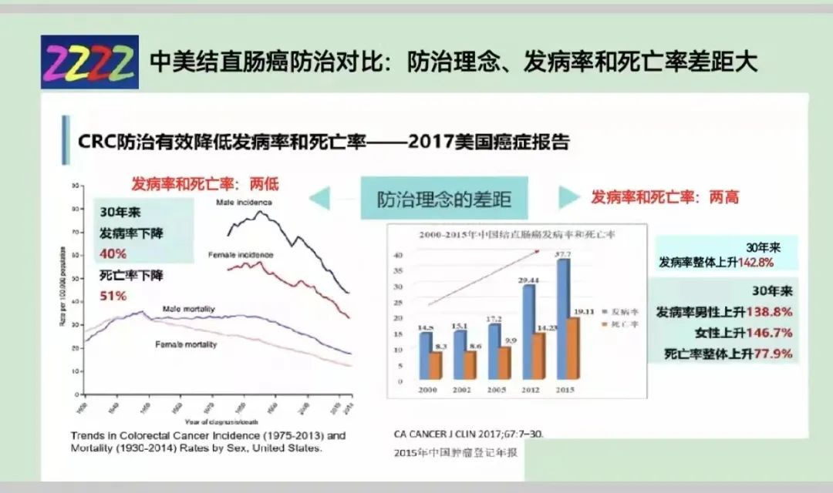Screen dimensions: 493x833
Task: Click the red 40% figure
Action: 113,253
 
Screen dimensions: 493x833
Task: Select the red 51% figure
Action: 113,296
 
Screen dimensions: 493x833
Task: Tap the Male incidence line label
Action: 244,203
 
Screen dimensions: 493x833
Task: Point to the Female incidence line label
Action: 240,254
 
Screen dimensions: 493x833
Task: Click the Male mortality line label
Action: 189,309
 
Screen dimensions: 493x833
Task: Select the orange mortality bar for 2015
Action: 573,348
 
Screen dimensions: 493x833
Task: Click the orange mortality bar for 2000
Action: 436,365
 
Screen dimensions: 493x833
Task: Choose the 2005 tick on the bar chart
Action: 497,390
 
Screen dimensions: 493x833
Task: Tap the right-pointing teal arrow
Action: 568,197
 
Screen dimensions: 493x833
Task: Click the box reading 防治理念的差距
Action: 443,199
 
